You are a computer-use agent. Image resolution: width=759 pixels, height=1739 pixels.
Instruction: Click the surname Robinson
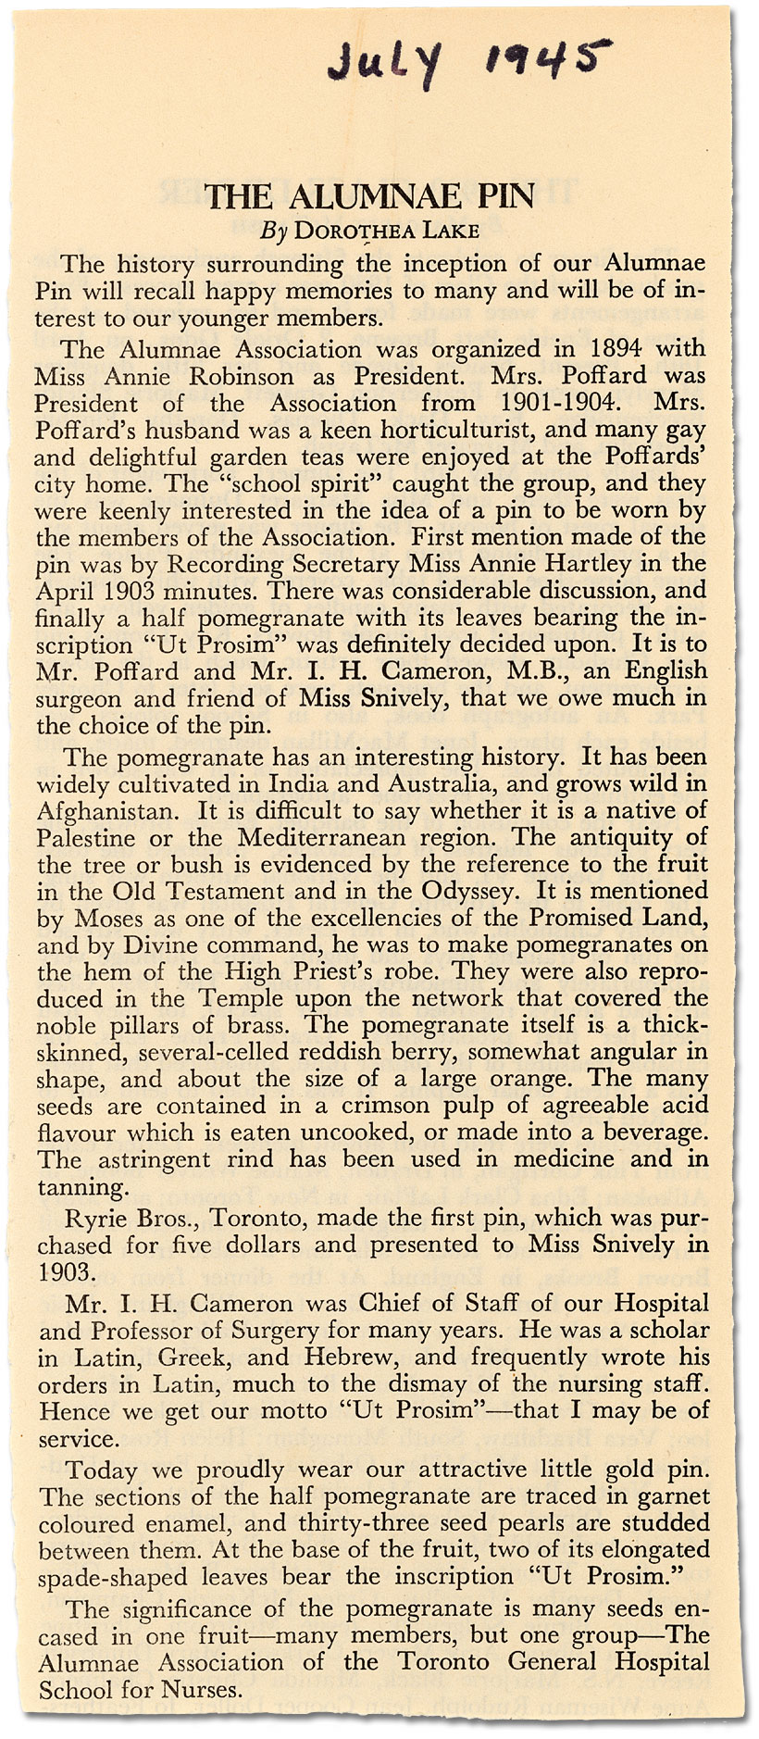[x=243, y=377]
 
